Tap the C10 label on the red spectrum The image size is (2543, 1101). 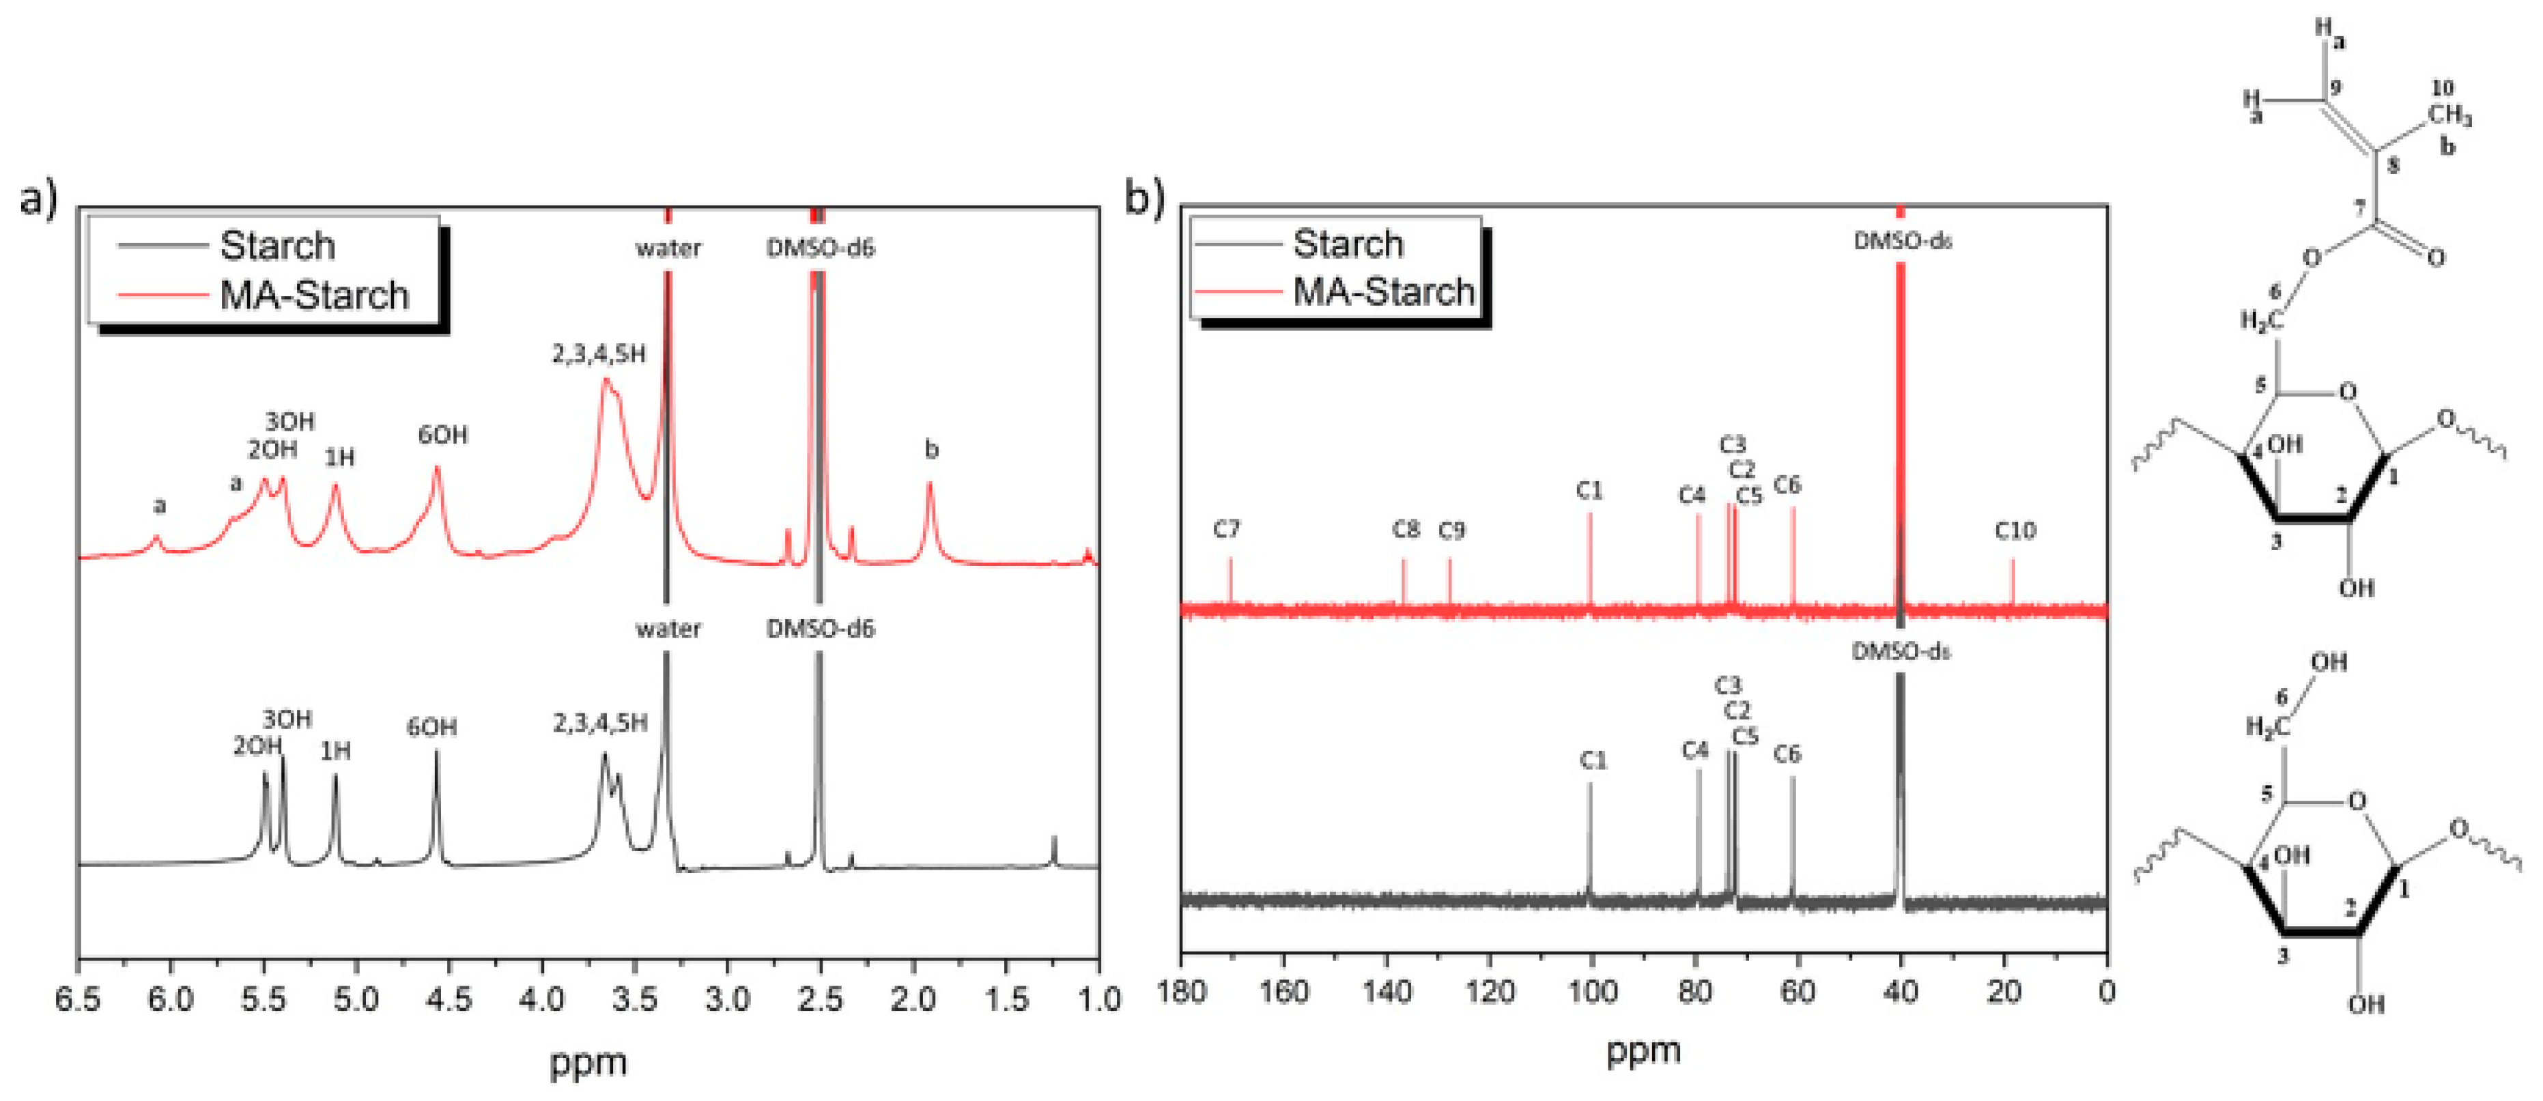[x=2015, y=531]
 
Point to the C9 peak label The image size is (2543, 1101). [x=1451, y=531]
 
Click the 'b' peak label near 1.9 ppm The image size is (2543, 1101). [x=931, y=451]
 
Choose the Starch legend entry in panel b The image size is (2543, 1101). [x=1348, y=244]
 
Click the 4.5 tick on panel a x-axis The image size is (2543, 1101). [x=449, y=999]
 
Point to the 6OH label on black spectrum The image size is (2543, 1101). [x=431, y=728]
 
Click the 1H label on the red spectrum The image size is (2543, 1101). [x=339, y=457]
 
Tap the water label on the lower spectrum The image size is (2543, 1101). [x=668, y=629]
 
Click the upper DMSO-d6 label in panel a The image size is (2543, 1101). [x=821, y=248]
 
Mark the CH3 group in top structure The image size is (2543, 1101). [x=2449, y=115]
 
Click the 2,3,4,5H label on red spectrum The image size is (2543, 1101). [x=598, y=354]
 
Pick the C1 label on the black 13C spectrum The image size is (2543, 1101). [x=1592, y=760]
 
